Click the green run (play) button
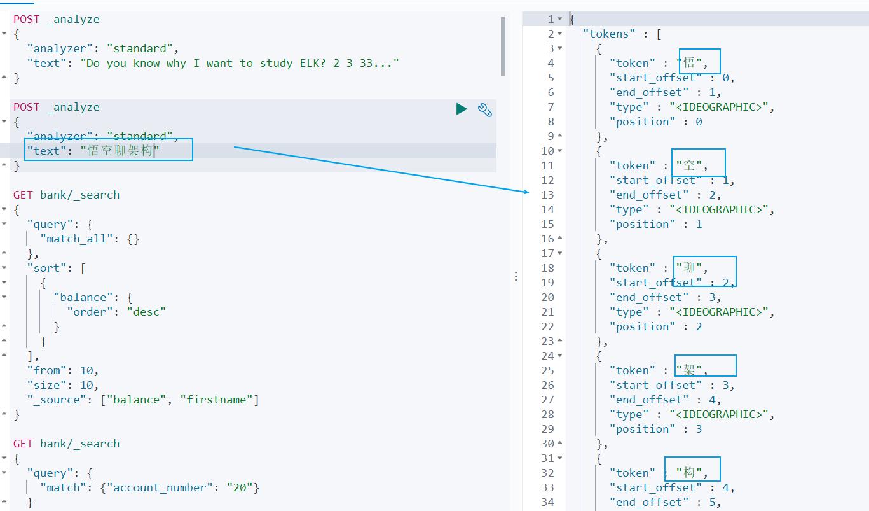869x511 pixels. tap(462, 109)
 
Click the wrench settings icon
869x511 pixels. tap(485, 109)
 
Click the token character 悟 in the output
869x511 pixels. tap(689, 63)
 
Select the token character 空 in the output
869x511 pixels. tap(689, 165)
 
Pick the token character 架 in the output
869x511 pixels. tap(689, 370)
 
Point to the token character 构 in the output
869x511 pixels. tap(689, 473)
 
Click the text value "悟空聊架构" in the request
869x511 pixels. tap(120, 151)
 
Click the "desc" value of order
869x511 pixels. tap(146, 312)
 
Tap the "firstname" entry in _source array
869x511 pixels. tap(216, 400)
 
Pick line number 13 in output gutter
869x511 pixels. tap(547, 195)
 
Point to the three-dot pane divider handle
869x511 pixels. tap(516, 276)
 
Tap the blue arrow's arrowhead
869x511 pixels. tap(526, 191)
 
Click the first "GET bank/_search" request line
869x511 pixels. tap(67, 195)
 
